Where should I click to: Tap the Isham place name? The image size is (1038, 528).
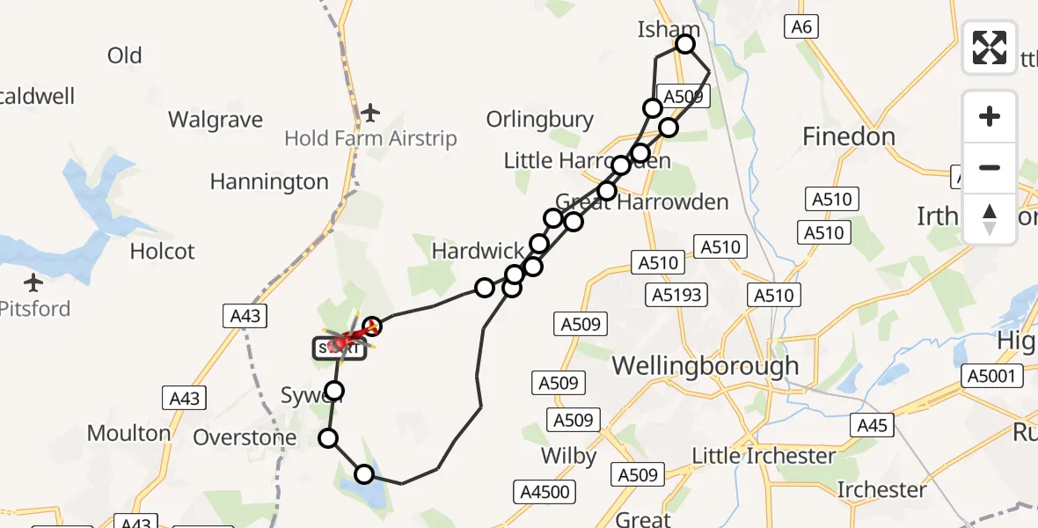coord(668,30)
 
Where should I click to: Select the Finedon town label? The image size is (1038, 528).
coord(849,136)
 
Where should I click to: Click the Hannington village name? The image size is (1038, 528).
coord(269,182)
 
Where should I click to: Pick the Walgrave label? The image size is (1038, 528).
coord(216,119)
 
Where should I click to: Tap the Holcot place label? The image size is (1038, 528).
coord(162,252)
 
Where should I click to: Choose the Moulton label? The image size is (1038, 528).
coord(128,433)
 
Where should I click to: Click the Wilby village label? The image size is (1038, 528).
coord(569,456)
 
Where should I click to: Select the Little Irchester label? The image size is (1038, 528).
coord(764,456)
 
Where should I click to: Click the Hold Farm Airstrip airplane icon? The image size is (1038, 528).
coord(370,113)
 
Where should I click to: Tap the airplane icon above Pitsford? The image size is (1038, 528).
coord(33,283)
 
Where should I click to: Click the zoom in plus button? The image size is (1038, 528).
coord(990,116)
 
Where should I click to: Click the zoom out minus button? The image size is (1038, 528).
coord(990,167)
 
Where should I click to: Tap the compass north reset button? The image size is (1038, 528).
coord(990,218)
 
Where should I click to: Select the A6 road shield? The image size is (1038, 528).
coord(800,27)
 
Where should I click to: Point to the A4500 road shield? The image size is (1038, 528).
coord(545,492)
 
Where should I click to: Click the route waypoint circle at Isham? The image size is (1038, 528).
coord(684,44)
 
